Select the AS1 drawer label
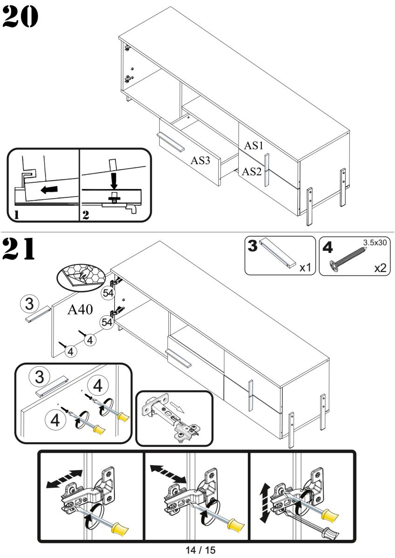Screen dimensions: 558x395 point(254,145)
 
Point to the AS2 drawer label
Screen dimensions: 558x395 point(252,172)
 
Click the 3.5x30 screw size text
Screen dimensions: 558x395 point(375,242)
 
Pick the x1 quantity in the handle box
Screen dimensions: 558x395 point(305,268)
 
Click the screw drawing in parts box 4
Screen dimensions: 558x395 point(349,258)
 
